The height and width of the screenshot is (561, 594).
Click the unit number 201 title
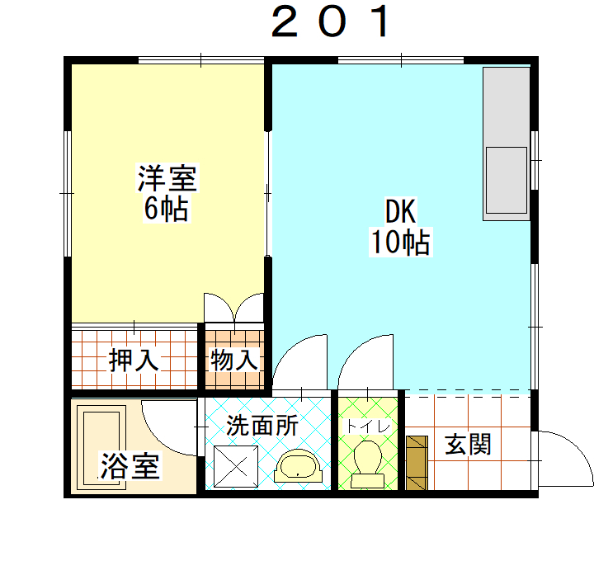point(330,21)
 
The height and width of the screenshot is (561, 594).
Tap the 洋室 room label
point(167,178)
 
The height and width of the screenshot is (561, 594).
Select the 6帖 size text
point(167,209)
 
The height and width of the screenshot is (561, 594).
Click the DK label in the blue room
point(401,211)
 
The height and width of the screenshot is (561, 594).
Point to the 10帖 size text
point(401,242)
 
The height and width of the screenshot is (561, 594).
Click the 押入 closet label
point(134,360)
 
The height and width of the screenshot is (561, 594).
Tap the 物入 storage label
point(234,360)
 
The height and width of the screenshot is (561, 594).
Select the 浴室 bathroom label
point(130,466)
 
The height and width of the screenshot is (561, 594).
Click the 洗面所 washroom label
point(262,426)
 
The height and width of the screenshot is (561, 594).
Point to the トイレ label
point(367,427)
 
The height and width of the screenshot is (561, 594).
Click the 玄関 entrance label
point(469,445)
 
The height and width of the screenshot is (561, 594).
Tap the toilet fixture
point(367,464)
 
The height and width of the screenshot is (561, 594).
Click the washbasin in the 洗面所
point(298,466)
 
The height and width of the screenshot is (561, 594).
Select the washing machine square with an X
point(236,466)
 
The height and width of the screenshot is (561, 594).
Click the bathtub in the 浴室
point(101,447)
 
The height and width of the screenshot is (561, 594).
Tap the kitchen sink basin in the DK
point(507,181)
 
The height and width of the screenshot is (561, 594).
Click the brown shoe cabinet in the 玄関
point(417,463)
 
